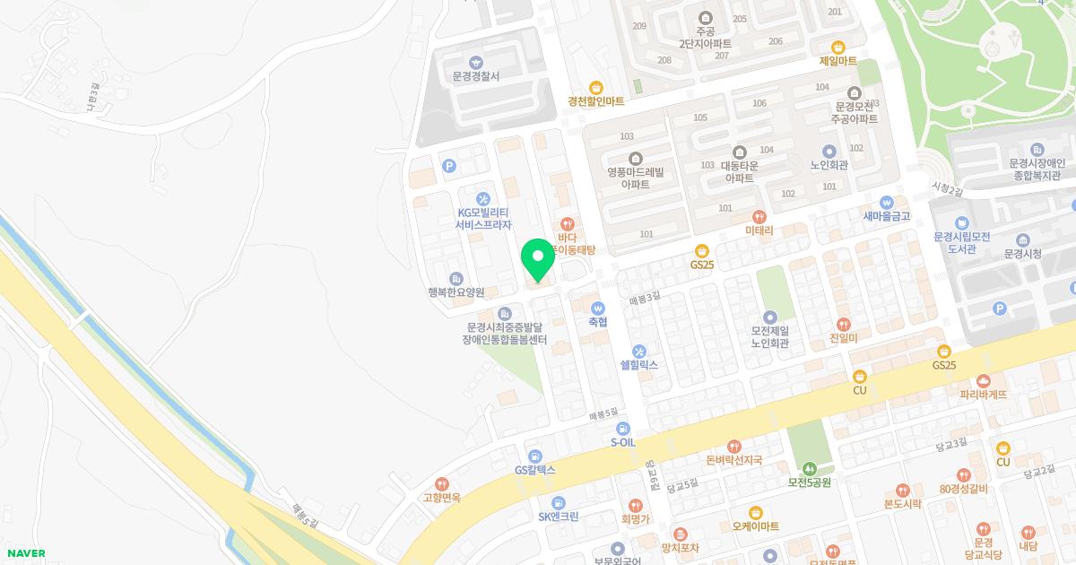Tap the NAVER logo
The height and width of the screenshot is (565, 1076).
tap(24, 553)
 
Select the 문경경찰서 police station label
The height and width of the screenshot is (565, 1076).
tap(476, 76)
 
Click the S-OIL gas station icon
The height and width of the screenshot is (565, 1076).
tap(623, 429)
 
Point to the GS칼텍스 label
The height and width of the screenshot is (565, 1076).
tap(535, 469)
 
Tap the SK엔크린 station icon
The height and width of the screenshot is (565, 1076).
tap(558, 502)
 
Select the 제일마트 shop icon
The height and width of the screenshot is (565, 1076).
tap(838, 47)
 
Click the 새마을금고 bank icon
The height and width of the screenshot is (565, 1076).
tap(887, 202)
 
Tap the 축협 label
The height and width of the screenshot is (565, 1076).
tap(598, 321)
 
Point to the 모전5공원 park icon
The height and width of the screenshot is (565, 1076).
tap(810, 468)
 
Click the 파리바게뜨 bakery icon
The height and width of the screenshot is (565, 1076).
tap(984, 381)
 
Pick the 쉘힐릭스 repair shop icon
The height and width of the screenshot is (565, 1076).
tap(639, 351)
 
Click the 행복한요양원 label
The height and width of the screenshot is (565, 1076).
tap(456, 292)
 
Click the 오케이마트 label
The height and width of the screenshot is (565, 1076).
tap(755, 526)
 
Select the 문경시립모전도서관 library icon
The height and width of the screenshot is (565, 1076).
tap(960, 223)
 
